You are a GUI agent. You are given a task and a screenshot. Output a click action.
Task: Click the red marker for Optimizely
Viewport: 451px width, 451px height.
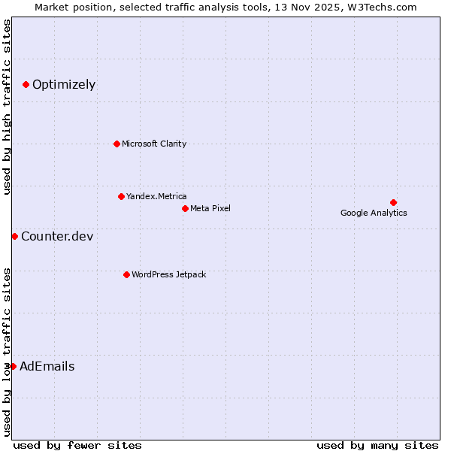pyautogui.click(x=26, y=84)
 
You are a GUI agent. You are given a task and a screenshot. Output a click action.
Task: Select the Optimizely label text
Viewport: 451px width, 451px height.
pyautogui.click(x=64, y=84)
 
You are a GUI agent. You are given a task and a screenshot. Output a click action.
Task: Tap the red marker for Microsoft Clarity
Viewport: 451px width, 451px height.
pyautogui.click(x=117, y=144)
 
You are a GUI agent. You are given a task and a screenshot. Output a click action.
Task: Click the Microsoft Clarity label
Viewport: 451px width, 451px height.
pyautogui.click(x=154, y=144)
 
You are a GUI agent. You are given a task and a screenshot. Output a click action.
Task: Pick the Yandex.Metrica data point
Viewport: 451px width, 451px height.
pyautogui.click(x=121, y=196)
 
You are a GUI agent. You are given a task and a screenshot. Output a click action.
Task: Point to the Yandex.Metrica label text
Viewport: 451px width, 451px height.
pyautogui.click(x=156, y=196)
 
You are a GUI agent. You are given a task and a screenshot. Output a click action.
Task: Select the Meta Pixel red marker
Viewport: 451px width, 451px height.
pyautogui.click(x=185, y=208)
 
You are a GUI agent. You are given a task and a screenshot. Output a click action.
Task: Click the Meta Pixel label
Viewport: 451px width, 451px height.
pyautogui.click(x=210, y=208)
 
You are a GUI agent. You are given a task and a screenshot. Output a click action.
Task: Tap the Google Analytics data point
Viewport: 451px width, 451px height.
pyautogui.click(x=393, y=202)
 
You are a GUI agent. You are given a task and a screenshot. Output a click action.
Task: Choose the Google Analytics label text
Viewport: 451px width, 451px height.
pyautogui.click(x=374, y=213)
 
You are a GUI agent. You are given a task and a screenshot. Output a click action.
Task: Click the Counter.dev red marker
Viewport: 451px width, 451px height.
pyautogui.click(x=14, y=236)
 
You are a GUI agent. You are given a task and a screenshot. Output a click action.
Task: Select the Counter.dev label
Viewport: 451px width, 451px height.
pyautogui.click(x=57, y=237)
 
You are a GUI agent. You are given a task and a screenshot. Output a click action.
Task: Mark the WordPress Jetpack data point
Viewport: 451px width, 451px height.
pyautogui.click(x=126, y=274)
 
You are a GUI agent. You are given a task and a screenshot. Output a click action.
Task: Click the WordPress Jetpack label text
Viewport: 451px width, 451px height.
pyautogui.click(x=168, y=274)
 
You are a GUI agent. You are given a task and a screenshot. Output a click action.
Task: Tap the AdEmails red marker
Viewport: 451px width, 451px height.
pyautogui.click(x=13, y=366)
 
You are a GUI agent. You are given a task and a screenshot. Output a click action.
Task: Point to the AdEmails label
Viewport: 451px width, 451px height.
pyautogui.click(x=47, y=367)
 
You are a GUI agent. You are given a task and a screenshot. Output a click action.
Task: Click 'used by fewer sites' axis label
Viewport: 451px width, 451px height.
pyautogui.click(x=77, y=445)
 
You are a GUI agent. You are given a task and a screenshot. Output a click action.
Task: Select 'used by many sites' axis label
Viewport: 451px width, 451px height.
pyautogui.click(x=377, y=445)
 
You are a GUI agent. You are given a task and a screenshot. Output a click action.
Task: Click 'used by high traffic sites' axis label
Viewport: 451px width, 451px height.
pyautogui.click(x=8, y=107)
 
